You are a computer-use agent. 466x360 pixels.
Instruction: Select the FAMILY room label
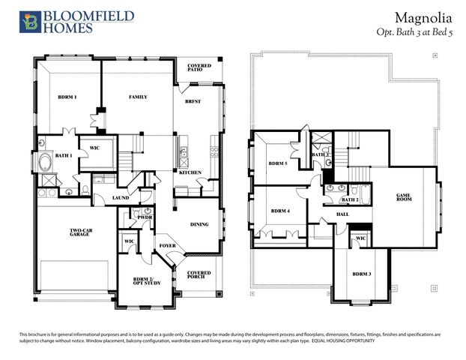(x=137, y=97)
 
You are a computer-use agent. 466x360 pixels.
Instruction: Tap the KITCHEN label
(x=190, y=172)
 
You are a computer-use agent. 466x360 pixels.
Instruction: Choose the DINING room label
(x=199, y=223)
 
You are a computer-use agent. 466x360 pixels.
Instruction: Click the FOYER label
(x=166, y=245)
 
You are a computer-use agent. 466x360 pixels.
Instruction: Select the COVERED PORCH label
(x=199, y=275)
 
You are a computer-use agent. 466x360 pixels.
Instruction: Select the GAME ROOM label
(x=405, y=197)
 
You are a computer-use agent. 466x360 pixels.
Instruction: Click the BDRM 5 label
(x=278, y=163)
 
